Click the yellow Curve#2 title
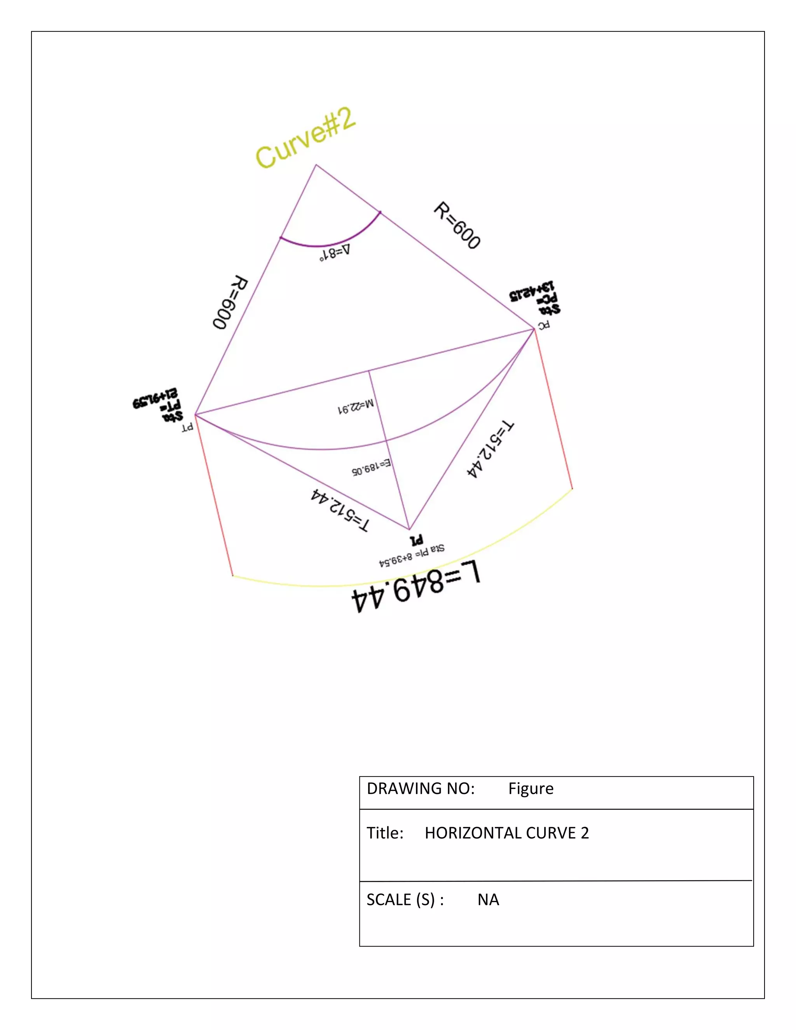[305, 138]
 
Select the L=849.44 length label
[416, 587]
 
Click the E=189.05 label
[371, 467]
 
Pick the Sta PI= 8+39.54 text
[411, 555]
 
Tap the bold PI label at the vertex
[416, 540]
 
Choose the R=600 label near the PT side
[230, 302]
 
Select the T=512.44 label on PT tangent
[340, 510]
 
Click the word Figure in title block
[531, 789]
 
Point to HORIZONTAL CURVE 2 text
[506, 833]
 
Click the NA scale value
[488, 900]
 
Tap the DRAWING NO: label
[420, 789]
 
